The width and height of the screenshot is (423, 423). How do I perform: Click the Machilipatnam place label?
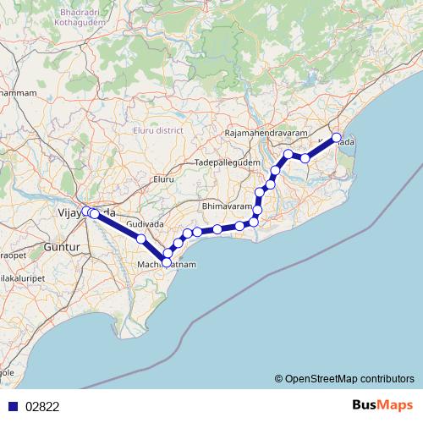[167, 265]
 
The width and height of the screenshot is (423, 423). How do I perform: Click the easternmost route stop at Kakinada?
[336, 137]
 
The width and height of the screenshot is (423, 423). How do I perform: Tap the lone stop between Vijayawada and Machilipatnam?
[141, 239]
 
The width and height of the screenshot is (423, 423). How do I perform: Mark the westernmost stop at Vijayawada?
[86, 211]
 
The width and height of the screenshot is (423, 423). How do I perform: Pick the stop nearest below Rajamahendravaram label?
[288, 154]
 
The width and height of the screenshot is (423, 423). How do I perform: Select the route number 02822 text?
[42, 406]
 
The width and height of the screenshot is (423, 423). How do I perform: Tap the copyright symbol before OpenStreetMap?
[279, 378]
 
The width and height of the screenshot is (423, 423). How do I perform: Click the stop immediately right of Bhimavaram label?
[258, 210]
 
